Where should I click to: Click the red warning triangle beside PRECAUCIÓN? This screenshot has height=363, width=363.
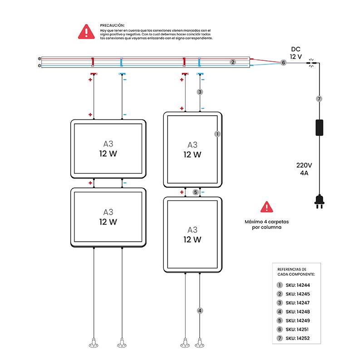tap(86, 32)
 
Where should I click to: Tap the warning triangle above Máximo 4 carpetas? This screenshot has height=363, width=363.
tap(266, 207)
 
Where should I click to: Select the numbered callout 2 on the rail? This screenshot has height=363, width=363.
tap(233, 62)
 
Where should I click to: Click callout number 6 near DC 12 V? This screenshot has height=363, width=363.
tap(284, 63)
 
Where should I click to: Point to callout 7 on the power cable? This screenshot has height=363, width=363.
tap(319, 98)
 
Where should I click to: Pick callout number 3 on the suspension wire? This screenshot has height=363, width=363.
tap(200, 92)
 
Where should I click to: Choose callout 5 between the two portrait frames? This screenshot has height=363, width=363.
tap(196, 192)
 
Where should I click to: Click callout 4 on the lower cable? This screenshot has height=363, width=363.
tap(200, 311)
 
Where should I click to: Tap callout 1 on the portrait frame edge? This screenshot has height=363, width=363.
tap(217, 134)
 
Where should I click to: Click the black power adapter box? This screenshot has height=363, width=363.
tap(319, 127)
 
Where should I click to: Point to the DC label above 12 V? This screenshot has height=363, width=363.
tap(296, 49)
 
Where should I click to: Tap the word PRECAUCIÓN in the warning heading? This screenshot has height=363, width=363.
tap(112, 25)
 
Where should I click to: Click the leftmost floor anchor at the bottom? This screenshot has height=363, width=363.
tap(93, 343)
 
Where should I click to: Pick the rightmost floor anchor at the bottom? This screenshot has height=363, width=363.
tap(200, 343)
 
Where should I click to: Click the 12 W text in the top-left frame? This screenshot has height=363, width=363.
tap(108, 153)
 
